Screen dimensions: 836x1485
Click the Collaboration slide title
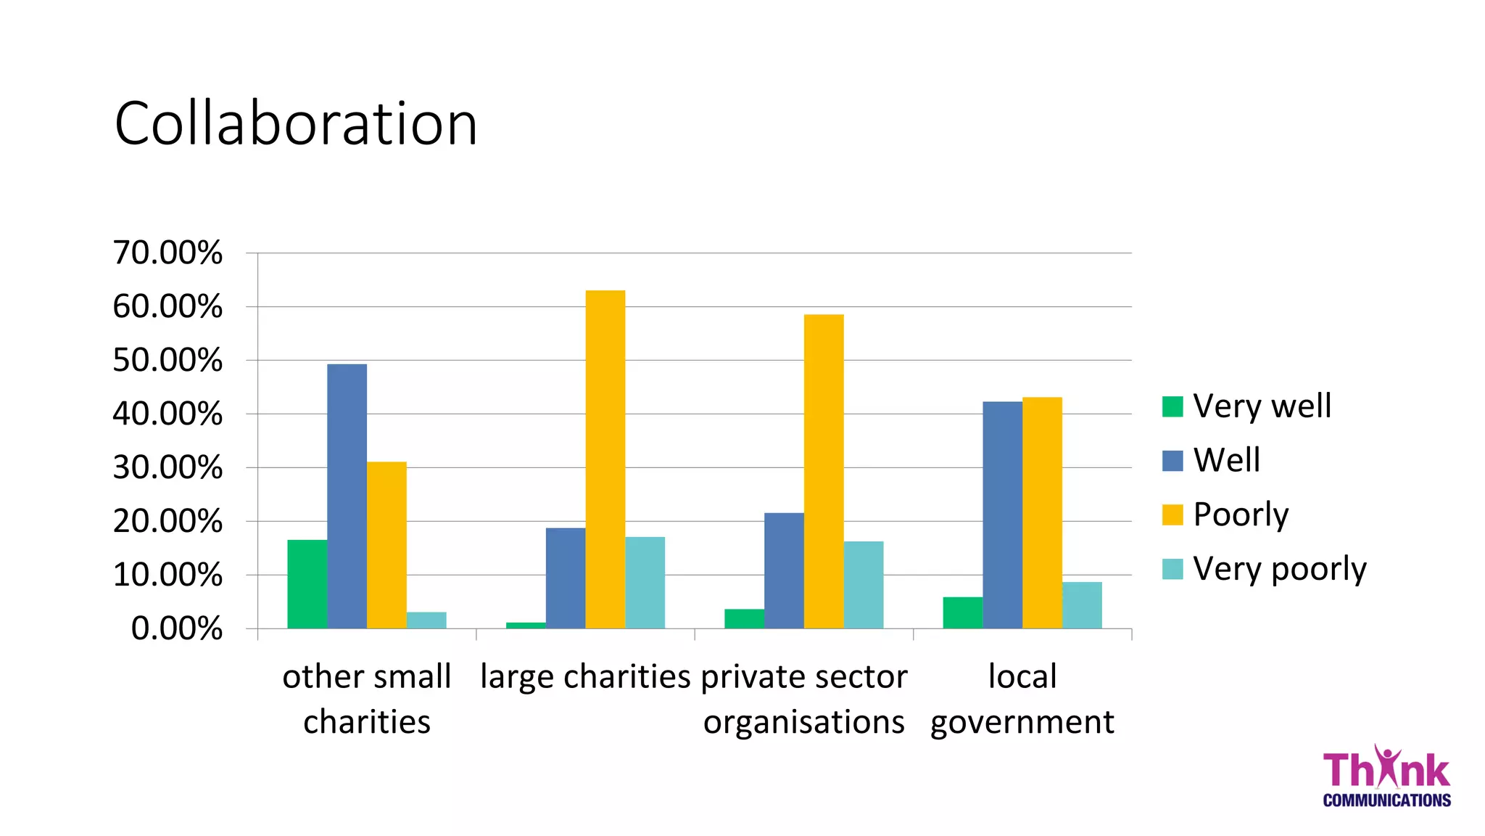[296, 123]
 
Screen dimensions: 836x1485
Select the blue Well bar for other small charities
[347, 496]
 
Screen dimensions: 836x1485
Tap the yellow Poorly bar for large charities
[605, 459]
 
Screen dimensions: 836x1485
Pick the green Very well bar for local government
[962, 612]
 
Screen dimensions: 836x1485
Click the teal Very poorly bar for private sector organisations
[863, 585]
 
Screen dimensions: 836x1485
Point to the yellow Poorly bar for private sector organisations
[823, 472]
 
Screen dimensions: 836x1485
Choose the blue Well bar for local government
[1002, 515]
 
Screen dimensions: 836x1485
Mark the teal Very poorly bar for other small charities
[426, 620]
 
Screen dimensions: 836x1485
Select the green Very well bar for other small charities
[307, 584]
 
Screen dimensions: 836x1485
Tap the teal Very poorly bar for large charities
[645, 583]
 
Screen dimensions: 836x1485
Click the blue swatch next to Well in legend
[1172, 461]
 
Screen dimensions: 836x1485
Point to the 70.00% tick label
[167, 253]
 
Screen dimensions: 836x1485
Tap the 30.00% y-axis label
[167, 467]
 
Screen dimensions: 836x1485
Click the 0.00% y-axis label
[176, 628]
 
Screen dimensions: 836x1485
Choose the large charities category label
[585, 676]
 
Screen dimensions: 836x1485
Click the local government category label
[1022, 699]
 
